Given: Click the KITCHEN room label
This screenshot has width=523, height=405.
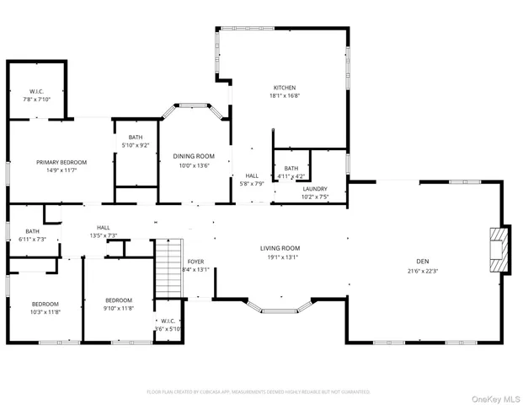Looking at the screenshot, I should tap(284, 88).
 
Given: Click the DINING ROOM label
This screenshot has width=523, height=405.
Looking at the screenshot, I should tap(194, 156).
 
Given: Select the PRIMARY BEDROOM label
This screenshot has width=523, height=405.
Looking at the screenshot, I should tap(61, 162).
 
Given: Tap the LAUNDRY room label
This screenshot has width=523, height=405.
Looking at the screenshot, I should tap(315, 189).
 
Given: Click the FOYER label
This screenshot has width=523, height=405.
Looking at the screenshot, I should tap(195, 262).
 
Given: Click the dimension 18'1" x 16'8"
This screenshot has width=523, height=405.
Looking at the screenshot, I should tap(284, 96).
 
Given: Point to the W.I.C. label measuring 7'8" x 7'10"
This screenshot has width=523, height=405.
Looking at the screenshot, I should tap(36, 91).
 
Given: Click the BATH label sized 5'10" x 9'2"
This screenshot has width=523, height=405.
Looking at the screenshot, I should tap(135, 138).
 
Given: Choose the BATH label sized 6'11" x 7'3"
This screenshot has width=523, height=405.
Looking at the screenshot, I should tap(32, 231).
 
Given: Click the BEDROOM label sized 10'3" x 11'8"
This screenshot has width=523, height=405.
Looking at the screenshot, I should tap(45, 304).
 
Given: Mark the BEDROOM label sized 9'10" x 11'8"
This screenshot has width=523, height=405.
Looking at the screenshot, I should tap(118, 300).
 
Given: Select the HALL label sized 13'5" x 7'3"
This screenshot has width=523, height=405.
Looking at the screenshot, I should tap(103, 227).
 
